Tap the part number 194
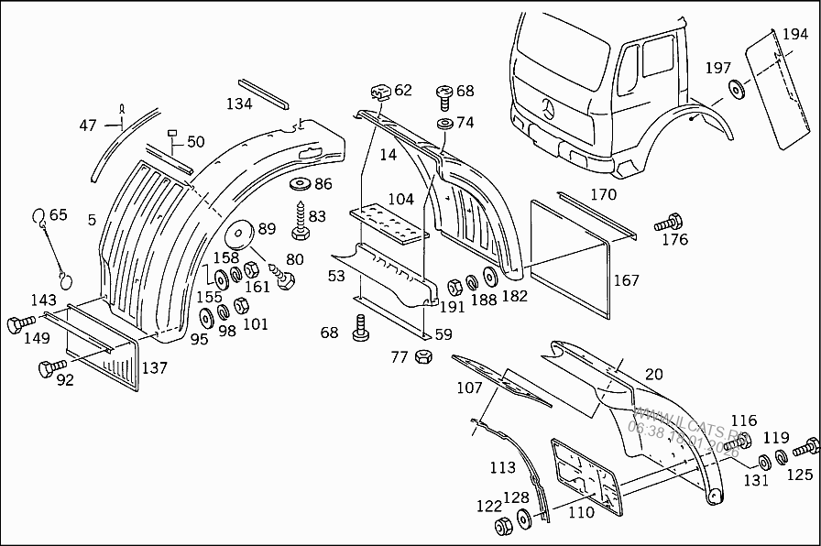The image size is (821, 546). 794,36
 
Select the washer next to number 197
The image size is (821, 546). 736,88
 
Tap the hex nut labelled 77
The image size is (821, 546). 423,356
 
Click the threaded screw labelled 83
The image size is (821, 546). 299,223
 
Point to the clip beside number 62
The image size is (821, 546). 379,92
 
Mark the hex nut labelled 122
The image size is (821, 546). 503,527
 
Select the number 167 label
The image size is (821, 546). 626,280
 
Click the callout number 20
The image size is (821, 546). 653,373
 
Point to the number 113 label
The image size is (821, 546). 502,467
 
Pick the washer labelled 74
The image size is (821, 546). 444,123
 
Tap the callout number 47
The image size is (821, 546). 87,126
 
